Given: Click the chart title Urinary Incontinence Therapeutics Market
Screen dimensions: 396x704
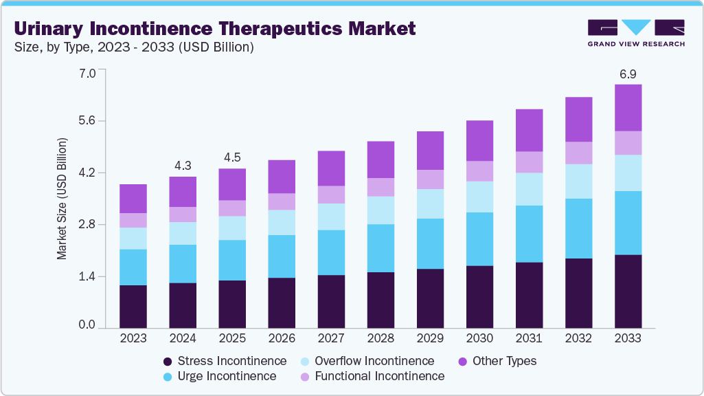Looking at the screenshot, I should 215,28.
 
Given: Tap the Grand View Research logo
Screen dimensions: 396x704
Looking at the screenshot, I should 636,33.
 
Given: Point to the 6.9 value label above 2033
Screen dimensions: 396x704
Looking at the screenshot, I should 628,73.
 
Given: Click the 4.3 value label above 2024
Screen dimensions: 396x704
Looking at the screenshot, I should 183,165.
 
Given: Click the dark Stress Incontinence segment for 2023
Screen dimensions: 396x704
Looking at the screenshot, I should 133,306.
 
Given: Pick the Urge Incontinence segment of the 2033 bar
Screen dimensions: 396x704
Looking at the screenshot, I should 628,223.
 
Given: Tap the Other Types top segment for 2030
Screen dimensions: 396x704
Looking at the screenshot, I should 479,141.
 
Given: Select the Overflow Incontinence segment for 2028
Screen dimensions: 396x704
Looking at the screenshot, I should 381,210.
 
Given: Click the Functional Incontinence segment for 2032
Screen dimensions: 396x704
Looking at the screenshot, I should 578,153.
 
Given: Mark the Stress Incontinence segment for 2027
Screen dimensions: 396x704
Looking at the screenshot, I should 331,301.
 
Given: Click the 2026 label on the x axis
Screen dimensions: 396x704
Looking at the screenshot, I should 282,338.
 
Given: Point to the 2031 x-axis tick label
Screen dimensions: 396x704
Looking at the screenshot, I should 529,338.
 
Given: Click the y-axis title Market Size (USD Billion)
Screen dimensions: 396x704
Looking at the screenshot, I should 62,198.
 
